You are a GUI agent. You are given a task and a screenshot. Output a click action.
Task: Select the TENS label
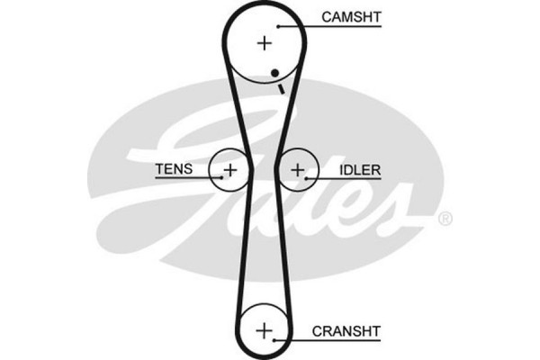tap(173, 168)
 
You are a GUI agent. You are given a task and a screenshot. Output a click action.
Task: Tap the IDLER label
tap(358, 168)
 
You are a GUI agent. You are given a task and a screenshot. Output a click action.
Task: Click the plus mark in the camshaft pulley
tap(264, 42)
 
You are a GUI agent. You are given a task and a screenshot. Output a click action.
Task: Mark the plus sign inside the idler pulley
tap(298, 168)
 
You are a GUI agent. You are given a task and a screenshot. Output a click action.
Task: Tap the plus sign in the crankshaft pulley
tap(264, 330)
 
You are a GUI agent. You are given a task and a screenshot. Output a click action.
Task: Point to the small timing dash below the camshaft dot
tap(281, 87)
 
